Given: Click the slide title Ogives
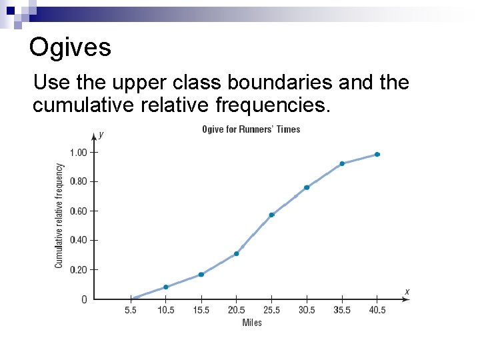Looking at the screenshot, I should (70, 47).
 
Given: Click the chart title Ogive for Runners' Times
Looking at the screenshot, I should (251, 129).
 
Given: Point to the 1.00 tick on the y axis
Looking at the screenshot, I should (79, 153).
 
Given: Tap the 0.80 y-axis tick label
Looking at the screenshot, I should (79, 181).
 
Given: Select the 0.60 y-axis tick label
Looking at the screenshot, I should (79, 211).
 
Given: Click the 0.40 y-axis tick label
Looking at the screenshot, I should (79, 240).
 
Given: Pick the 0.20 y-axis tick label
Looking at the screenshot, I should (79, 269).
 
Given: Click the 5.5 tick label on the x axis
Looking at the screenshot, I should (131, 310).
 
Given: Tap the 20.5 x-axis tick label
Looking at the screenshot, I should (236, 310).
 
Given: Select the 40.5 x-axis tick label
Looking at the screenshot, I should (377, 310).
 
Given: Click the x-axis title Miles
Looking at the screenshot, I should (252, 323).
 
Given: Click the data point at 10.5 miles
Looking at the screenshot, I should (166, 287).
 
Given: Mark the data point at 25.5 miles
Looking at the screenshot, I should (271, 215).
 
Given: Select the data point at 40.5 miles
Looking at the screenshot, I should (377, 154).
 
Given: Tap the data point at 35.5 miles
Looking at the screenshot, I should (342, 163).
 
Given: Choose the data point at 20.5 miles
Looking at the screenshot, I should (236, 253).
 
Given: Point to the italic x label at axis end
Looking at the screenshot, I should (407, 291).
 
